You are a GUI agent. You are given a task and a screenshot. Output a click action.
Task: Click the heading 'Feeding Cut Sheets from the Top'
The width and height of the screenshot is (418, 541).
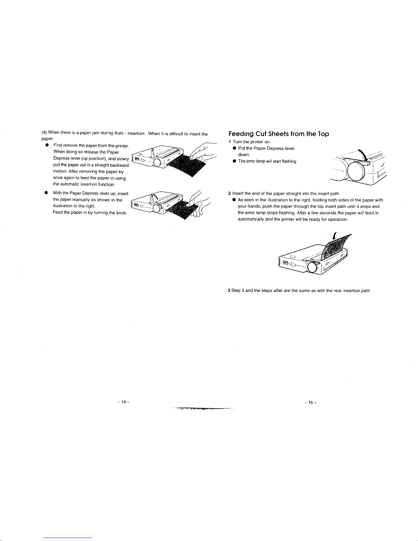pos(278,134)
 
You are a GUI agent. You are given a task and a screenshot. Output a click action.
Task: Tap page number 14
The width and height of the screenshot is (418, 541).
pos(121,402)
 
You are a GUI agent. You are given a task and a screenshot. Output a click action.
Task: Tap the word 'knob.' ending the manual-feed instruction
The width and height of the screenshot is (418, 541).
pos(121,213)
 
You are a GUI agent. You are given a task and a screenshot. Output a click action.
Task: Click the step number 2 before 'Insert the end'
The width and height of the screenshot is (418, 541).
pos(229,194)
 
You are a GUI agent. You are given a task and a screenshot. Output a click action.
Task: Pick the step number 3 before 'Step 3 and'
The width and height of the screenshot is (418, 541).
pos(229,291)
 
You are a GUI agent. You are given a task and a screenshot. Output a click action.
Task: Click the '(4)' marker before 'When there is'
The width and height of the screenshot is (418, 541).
pos(44,132)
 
